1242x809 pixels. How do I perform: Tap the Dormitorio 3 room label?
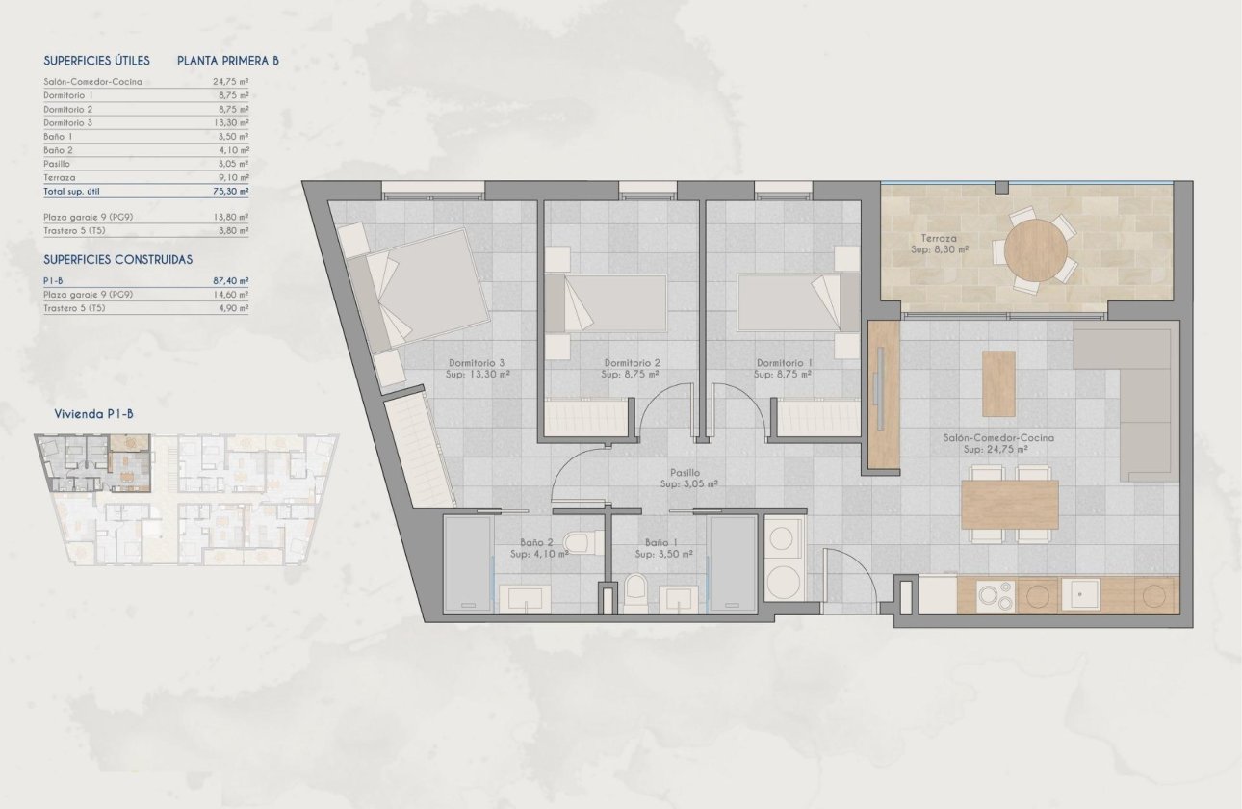click(477, 363)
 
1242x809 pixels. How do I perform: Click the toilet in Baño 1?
click(635, 592)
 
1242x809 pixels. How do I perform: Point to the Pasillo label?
click(686, 473)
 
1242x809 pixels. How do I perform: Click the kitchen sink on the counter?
click(1080, 595)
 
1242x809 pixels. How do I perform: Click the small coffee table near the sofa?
click(998, 383)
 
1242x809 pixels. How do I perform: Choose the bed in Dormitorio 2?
click(607, 302)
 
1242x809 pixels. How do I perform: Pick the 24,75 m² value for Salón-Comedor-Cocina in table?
click(231, 82)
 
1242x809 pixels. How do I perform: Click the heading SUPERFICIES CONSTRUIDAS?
click(118, 260)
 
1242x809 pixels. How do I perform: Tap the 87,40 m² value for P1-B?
click(231, 280)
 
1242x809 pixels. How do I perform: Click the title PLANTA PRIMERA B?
click(228, 61)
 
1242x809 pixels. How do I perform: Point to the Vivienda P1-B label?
click(94, 414)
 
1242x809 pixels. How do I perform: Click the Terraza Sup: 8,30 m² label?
click(940, 242)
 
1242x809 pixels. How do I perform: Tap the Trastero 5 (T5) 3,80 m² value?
click(231, 231)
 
